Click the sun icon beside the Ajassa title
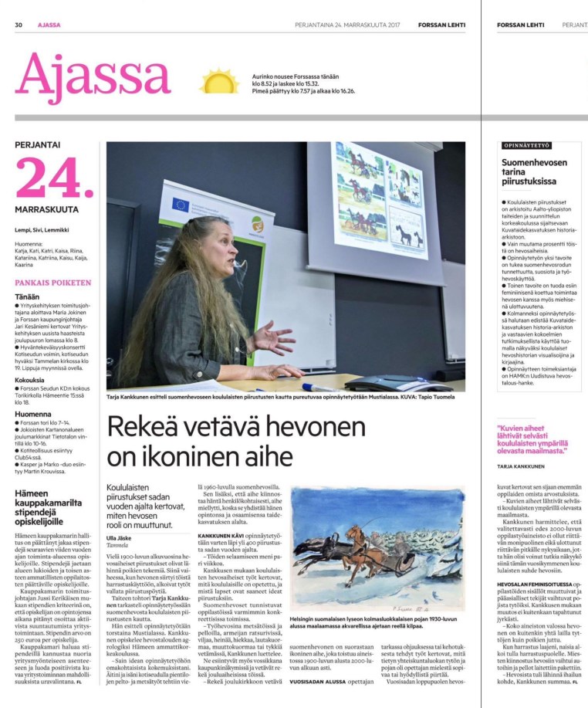point(219,81)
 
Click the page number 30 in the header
point(19,25)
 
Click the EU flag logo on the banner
point(181,205)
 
